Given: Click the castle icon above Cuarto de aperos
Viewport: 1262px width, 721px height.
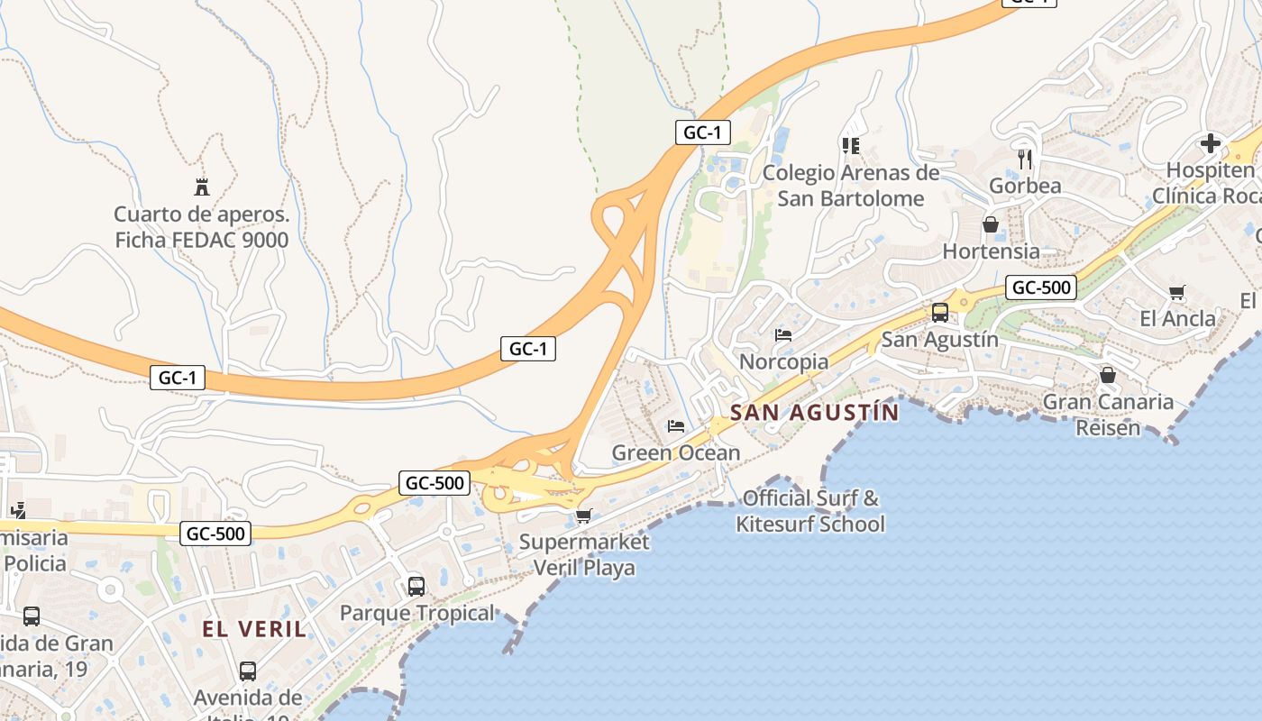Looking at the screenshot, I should (x=202, y=187).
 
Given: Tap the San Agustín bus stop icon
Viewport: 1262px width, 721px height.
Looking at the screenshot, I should (x=939, y=313).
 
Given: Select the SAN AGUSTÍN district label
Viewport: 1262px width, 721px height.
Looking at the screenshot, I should (x=814, y=413).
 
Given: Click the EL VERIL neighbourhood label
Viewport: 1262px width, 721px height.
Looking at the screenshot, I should (x=254, y=629).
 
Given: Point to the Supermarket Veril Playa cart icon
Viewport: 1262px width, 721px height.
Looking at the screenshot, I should (x=583, y=516).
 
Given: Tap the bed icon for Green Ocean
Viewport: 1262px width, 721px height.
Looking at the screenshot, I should (x=675, y=426).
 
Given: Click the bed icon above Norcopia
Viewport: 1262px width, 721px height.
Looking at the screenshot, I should (x=782, y=335).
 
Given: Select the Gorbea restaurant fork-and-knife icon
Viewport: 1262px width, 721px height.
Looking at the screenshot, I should (x=1024, y=160).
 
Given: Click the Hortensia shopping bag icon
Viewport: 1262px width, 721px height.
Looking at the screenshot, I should (x=990, y=224).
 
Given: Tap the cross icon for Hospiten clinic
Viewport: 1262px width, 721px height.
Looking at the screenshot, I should (x=1210, y=143).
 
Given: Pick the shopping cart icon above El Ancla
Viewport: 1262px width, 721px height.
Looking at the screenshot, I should (x=1176, y=292).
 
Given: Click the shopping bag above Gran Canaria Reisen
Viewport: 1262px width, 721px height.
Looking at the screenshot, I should (x=1107, y=375).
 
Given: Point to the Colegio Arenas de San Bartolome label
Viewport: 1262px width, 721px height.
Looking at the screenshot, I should (x=851, y=186).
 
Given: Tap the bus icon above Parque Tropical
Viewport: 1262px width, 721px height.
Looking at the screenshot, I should (x=416, y=587).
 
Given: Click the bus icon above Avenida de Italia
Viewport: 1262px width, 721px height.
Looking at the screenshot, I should (x=247, y=671).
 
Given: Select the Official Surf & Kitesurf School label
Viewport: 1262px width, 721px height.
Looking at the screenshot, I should (x=810, y=511).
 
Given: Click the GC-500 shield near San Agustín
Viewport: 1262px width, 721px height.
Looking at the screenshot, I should (x=1041, y=288).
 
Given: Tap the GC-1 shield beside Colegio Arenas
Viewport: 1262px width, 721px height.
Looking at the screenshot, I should (x=702, y=132).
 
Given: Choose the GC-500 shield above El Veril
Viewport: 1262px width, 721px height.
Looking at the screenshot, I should (x=215, y=534).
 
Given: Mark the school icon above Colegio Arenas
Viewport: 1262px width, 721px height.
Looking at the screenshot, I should (x=850, y=145).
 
